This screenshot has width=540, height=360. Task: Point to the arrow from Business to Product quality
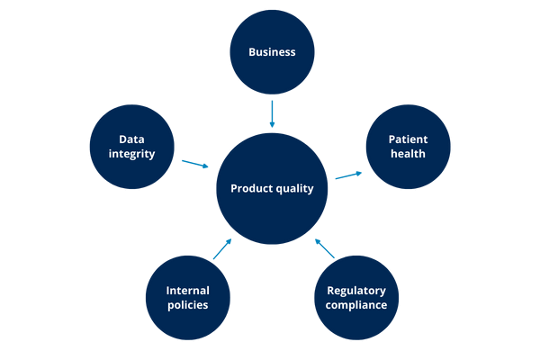coord(271,113)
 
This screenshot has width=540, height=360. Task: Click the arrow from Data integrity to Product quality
coord(195,164)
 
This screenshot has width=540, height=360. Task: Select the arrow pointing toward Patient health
coord(348,175)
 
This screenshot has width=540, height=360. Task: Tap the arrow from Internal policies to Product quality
coord(222,249)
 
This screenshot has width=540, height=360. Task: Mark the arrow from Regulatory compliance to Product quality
coord(324,248)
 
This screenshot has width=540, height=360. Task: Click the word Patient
coord(408,139)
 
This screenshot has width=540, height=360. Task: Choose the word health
coord(408,154)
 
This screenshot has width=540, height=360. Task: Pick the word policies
coord(187,305)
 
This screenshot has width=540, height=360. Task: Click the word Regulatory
coord(356,291)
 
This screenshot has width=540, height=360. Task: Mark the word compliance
coord(356,305)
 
